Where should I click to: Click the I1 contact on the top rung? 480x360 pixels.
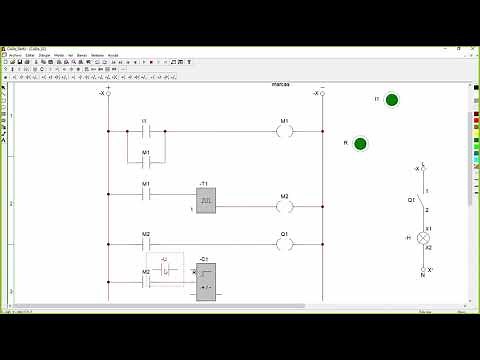(x=145, y=131)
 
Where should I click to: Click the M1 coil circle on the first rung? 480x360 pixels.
(x=284, y=131)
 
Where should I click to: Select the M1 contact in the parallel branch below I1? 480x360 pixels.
(x=145, y=162)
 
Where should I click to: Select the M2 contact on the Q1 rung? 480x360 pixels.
(x=145, y=243)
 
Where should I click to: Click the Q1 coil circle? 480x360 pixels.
(x=284, y=243)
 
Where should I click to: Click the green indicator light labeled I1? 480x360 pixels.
(x=391, y=100)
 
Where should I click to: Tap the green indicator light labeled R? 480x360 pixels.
(x=360, y=144)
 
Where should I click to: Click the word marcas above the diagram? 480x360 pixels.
(x=280, y=84)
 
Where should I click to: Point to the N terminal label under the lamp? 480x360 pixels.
(x=422, y=274)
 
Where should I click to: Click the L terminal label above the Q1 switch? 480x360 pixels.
(x=423, y=163)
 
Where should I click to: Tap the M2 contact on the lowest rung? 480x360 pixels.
(x=145, y=281)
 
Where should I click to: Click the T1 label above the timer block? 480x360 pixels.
(x=204, y=184)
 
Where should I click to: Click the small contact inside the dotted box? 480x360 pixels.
(x=167, y=270)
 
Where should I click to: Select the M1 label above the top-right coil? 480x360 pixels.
(x=284, y=120)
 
